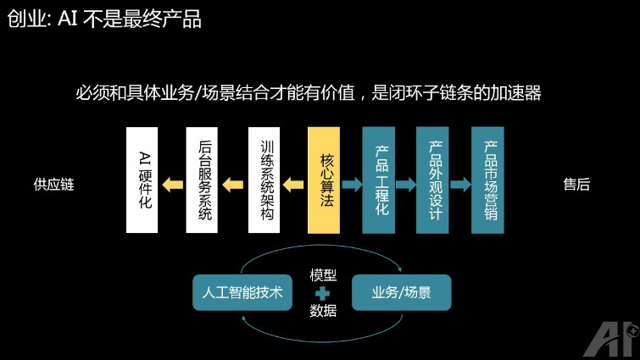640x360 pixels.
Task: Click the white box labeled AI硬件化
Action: (142, 180)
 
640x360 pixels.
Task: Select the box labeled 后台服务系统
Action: (203, 180)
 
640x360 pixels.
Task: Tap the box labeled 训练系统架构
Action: (264, 180)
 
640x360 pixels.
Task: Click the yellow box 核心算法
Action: (324, 180)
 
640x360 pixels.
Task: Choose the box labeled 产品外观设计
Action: (432, 180)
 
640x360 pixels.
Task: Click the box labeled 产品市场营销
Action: (487, 180)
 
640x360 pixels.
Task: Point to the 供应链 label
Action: (54, 185)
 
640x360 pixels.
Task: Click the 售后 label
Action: (576, 185)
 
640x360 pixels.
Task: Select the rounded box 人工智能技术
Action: (242, 293)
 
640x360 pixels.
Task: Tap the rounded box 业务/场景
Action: (401, 293)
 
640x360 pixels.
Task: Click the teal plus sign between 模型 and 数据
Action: (322, 293)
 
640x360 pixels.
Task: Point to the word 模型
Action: (323, 275)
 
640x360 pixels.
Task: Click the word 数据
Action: (323, 311)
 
